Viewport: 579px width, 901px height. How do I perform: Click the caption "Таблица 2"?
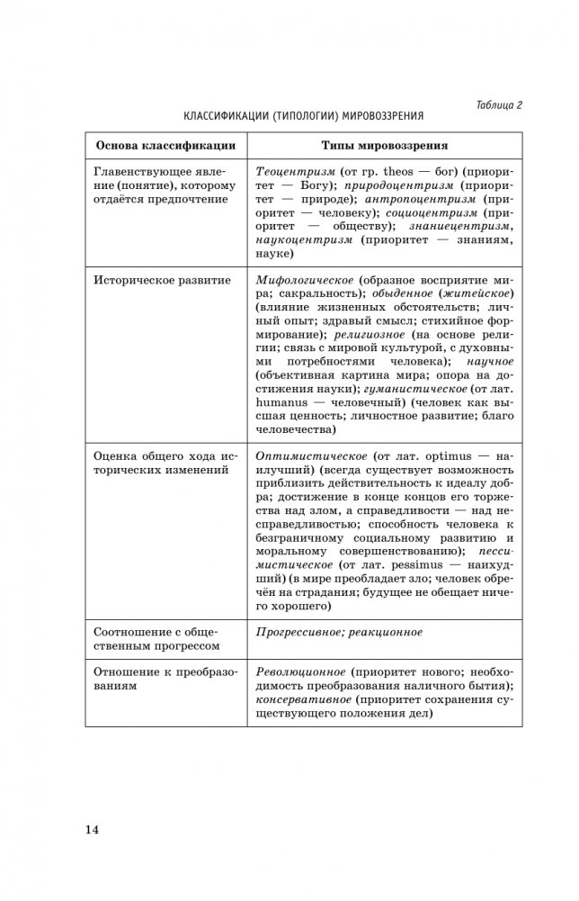click(x=499, y=104)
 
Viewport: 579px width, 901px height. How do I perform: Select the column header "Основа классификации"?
click(x=165, y=145)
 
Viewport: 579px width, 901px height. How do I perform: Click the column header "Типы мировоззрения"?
click(x=385, y=145)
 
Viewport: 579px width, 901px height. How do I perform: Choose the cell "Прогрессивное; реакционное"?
click(x=339, y=632)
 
